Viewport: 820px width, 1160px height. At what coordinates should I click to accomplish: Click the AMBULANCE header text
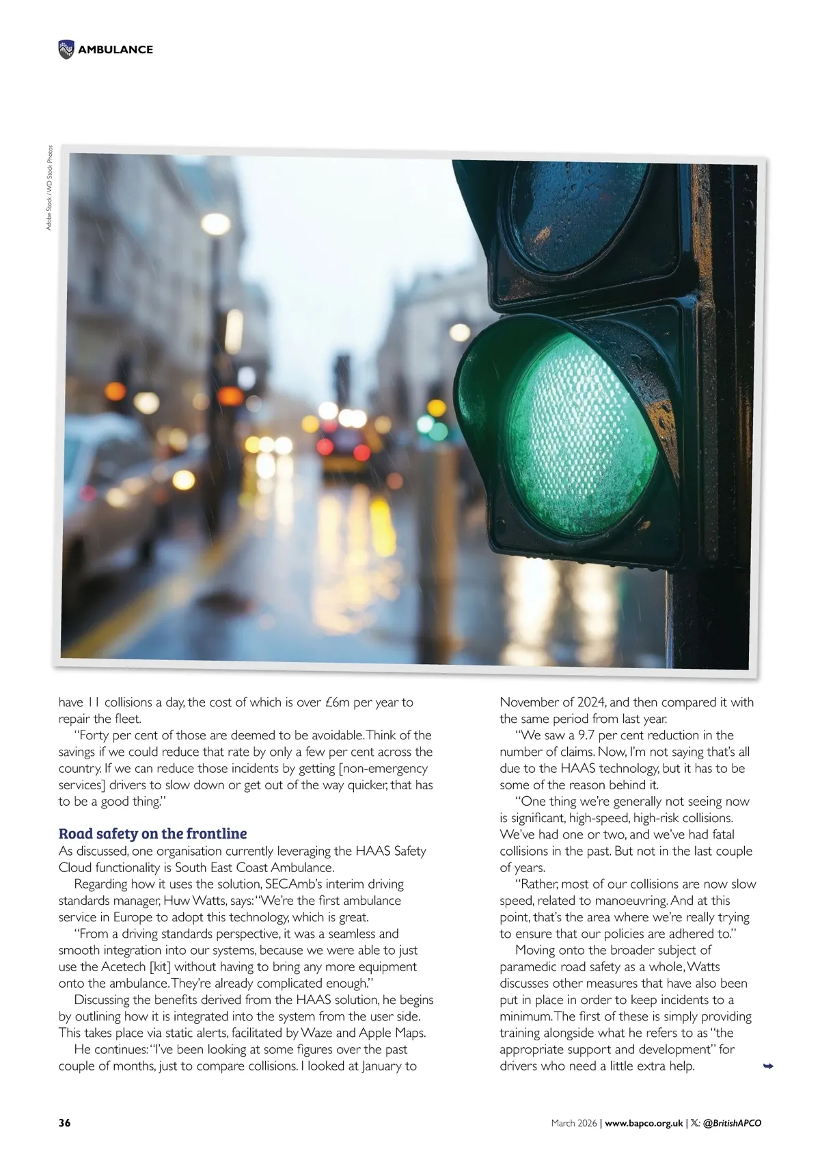115,49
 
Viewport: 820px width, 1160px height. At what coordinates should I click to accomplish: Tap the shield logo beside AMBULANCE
66,49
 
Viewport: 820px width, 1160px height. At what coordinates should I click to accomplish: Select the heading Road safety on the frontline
152,833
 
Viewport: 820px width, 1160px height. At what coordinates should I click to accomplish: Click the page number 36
64,1123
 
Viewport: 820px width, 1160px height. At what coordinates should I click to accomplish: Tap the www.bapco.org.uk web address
644,1123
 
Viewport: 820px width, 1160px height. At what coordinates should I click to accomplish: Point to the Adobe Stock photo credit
49,187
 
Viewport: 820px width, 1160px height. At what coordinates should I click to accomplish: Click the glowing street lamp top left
216,224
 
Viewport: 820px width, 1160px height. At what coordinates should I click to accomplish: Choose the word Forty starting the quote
95,735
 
